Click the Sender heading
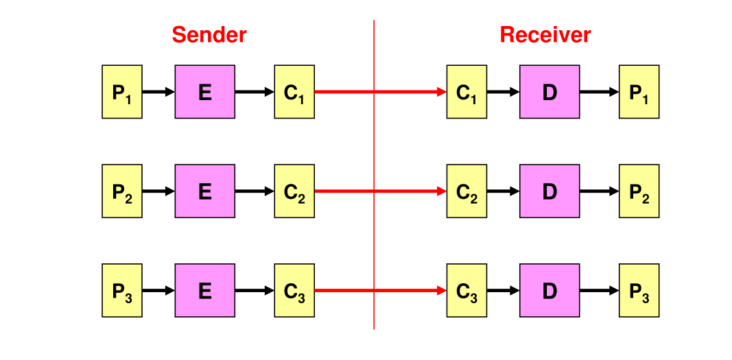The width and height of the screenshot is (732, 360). point(209,35)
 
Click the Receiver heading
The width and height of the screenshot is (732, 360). point(545,35)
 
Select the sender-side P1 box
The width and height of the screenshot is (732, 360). point(122,92)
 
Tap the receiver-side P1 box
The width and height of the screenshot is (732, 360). point(639,92)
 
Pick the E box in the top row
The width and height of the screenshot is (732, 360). point(205,92)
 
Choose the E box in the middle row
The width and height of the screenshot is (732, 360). point(205,191)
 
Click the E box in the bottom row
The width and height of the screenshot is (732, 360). point(205,290)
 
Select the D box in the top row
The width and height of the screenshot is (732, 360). point(550,92)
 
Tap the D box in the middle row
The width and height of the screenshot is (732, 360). point(550,191)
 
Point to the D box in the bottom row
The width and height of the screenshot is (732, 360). point(550,290)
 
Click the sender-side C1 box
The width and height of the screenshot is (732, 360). point(294,92)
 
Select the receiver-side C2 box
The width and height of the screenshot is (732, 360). point(467,191)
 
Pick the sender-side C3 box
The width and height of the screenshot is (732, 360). point(294,290)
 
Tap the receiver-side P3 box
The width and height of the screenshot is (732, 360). point(639,290)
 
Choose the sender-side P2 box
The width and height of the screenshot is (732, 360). point(122,191)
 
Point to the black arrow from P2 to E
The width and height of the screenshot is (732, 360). point(158,191)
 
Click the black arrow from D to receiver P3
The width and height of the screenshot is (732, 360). point(599,290)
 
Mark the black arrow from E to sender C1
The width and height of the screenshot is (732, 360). point(255,92)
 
